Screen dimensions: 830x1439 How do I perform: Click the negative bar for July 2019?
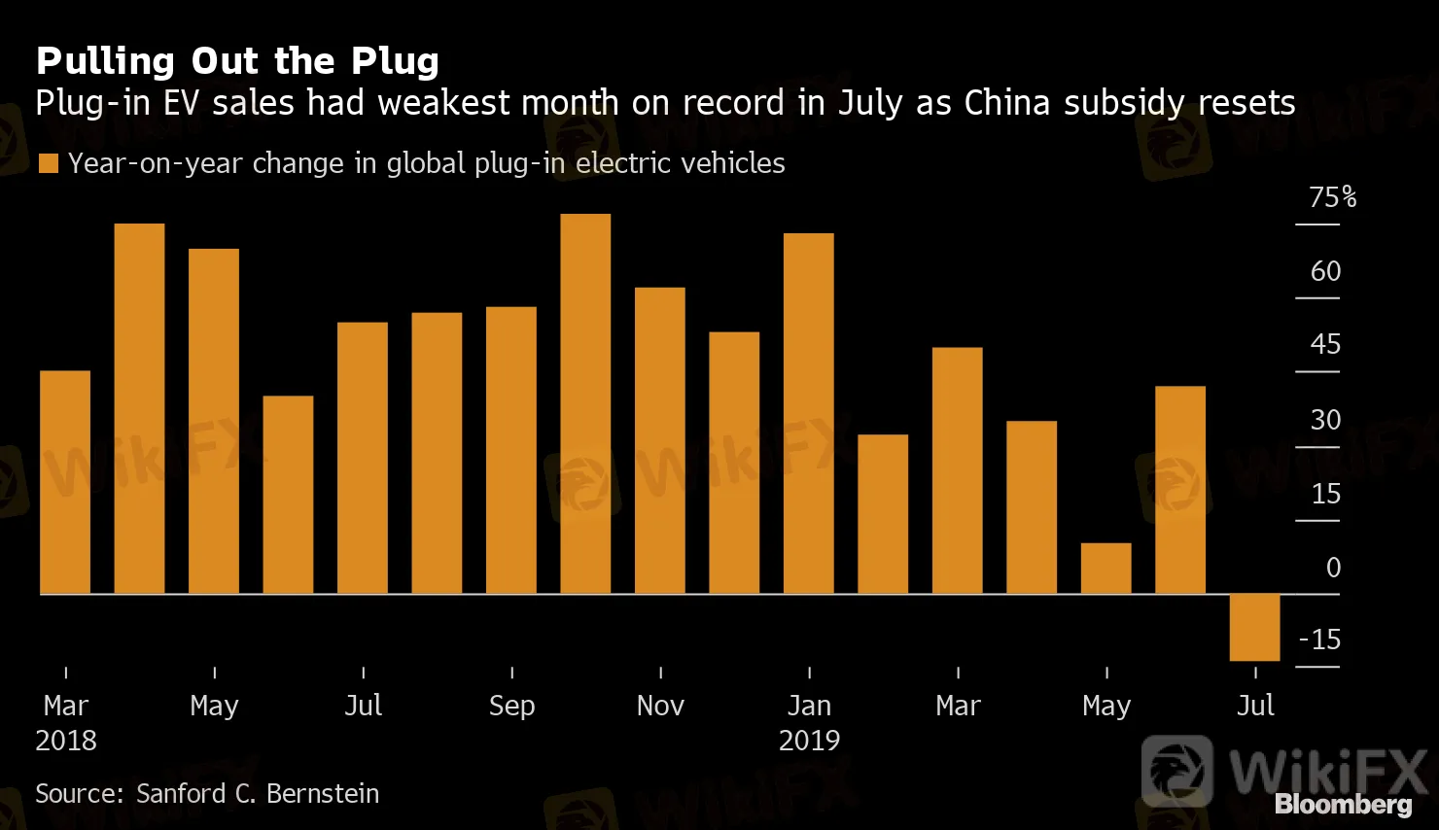tap(1254, 627)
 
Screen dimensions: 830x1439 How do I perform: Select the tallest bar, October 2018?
tap(585, 403)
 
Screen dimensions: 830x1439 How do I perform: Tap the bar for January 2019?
tap(808, 413)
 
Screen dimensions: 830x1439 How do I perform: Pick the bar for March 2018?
tap(65, 482)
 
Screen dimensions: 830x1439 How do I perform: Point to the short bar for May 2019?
tap(1106, 569)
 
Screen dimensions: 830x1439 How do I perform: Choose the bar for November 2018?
tap(659, 440)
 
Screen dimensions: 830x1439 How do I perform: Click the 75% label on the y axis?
tap(1331, 198)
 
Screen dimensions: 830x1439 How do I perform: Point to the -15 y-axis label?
tap(1319, 640)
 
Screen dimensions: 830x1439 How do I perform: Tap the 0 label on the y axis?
tap(1333, 568)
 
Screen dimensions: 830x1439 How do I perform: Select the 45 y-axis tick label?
tap(1325, 344)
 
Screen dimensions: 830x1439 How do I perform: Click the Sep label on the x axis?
tap(511, 706)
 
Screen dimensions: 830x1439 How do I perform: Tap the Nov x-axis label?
tap(660, 706)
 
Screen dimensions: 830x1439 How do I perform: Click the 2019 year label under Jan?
tap(809, 741)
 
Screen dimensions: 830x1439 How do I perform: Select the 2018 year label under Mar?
tap(66, 741)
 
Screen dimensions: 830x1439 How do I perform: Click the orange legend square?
tap(48, 163)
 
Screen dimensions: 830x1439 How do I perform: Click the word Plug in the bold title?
tap(395, 61)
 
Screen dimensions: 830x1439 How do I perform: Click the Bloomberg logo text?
tap(1343, 805)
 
